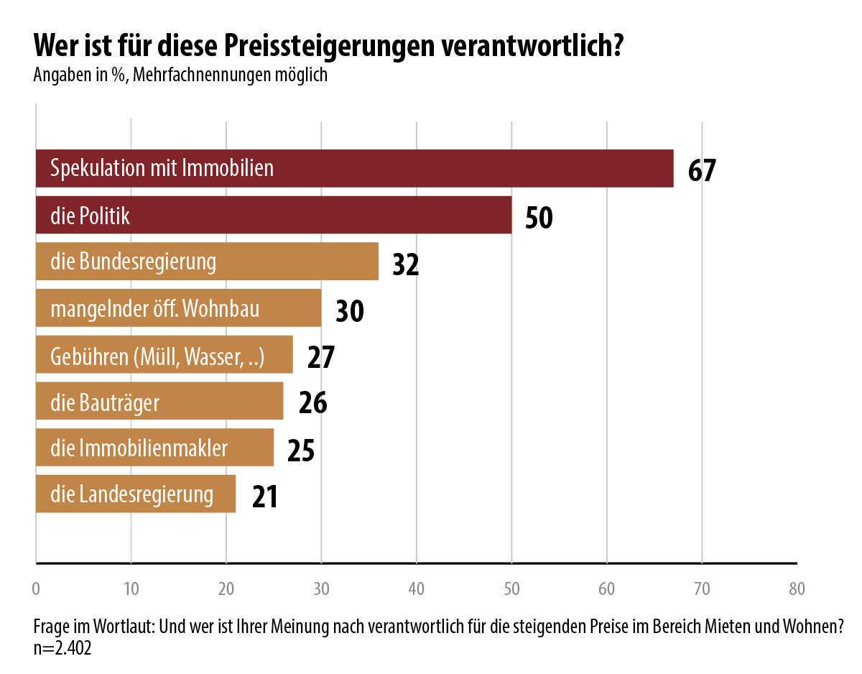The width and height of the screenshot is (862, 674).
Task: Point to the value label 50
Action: [x=539, y=217]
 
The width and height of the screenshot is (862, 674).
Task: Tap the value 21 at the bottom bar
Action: [x=264, y=497]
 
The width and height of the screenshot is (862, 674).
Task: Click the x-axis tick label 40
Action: [x=417, y=589]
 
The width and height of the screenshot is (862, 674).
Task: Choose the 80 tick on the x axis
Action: [x=797, y=589]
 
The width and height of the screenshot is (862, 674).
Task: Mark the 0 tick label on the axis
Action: [x=36, y=589]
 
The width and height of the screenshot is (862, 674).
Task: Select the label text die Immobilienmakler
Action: [x=139, y=448]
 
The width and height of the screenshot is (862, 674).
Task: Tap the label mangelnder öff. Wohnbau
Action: [x=154, y=309]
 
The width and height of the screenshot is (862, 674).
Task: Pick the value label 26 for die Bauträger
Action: [x=312, y=403]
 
